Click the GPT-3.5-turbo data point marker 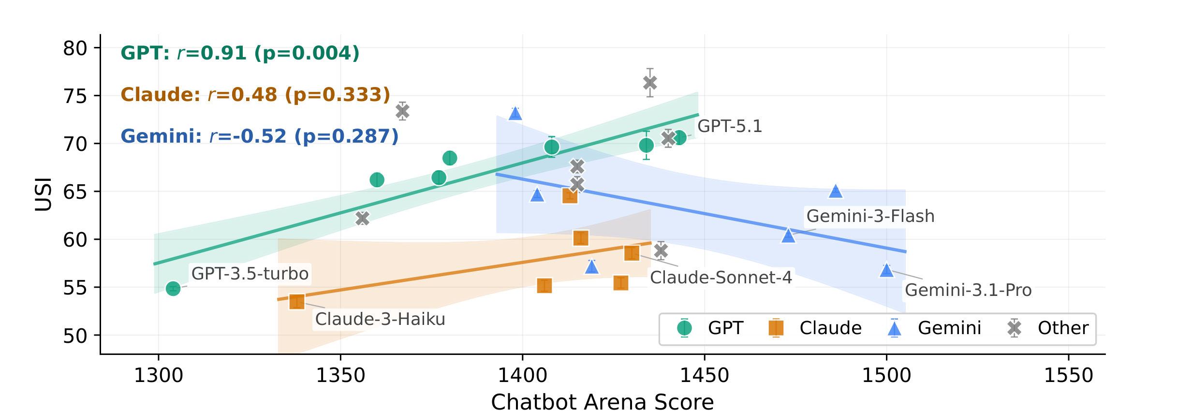[x=173, y=289]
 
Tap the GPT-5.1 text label [x=729, y=126]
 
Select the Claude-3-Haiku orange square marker [x=297, y=302]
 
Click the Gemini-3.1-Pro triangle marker [x=886, y=270]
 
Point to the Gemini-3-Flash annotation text [x=870, y=216]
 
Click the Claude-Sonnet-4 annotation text [x=721, y=278]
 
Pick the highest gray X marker [x=650, y=83]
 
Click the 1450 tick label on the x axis [x=704, y=376]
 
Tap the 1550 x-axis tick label [x=1068, y=376]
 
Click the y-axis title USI [x=44, y=194]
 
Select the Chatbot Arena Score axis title [x=602, y=402]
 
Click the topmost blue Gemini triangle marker [x=515, y=114]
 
